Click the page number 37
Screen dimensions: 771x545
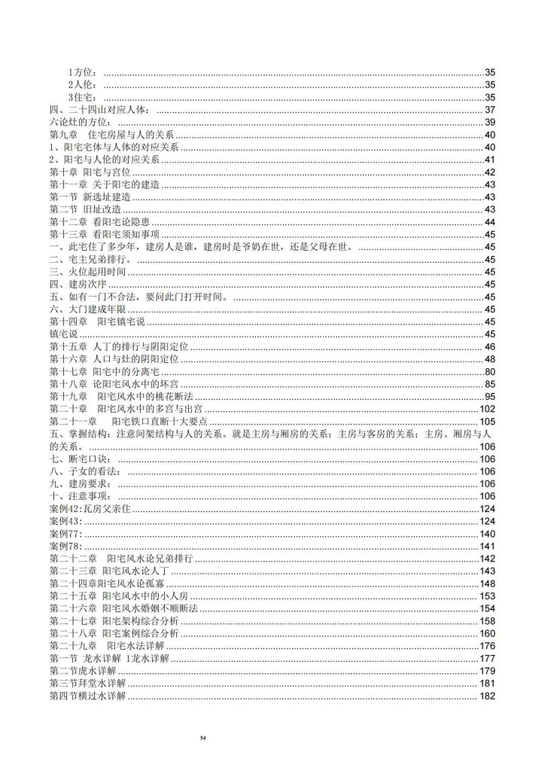tap(489, 110)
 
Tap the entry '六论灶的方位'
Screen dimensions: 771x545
tap(78, 122)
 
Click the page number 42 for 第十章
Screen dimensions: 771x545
tap(489, 172)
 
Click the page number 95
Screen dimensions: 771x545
tap(489, 396)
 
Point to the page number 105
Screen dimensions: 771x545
tap(486, 421)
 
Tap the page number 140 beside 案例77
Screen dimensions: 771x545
tap(486, 533)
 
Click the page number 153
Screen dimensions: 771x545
tap(486, 596)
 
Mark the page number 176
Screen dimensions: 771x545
tap(486, 645)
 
